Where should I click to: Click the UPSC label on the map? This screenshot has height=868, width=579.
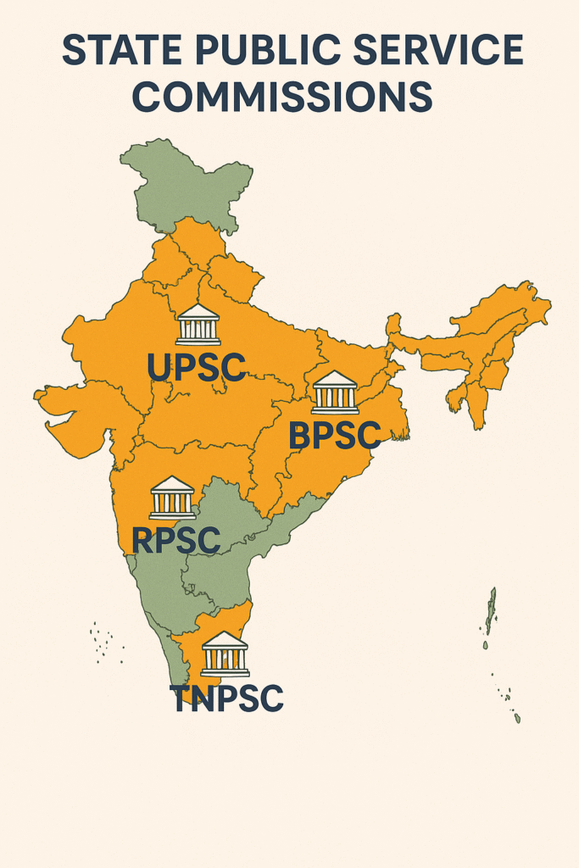tap(197, 366)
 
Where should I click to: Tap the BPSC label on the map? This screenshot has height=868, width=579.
tap(334, 436)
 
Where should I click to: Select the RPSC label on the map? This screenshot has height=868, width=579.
tap(176, 540)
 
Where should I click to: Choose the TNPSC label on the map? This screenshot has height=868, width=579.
tap(225, 698)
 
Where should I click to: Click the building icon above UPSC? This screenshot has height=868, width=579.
tap(198, 324)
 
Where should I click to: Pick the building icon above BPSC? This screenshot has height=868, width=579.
tap(335, 392)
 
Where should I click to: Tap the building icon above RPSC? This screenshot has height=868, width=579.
tap(172, 498)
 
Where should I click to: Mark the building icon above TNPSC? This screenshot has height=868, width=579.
tap(225, 654)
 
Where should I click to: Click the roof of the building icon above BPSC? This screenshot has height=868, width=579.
tap(335, 378)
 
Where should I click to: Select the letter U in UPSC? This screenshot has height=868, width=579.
tap(159, 366)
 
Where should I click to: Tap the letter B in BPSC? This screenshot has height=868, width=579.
tap(300, 436)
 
